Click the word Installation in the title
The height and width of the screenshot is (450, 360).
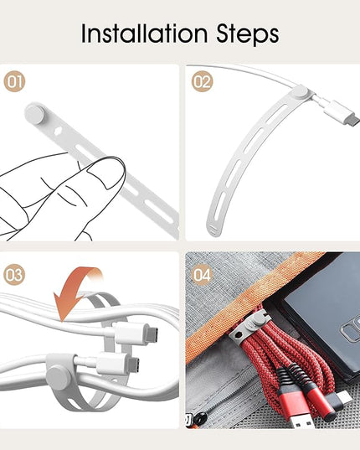pyautogui.click(x=144, y=34)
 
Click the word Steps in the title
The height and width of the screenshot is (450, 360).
pyautogui.click(x=247, y=35)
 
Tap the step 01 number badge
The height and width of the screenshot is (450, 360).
pyautogui.click(x=14, y=81)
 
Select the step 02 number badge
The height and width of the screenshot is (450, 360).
pyautogui.click(x=203, y=81)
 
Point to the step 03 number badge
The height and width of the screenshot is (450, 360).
pyautogui.click(x=14, y=275)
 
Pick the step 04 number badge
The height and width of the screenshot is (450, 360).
pyautogui.click(x=203, y=275)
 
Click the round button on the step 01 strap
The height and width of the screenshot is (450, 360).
pyautogui.click(x=35, y=114)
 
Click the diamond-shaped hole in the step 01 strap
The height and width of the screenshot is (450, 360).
pyautogui.click(x=58, y=131)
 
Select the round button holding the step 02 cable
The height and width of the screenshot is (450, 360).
pyautogui.click(x=300, y=92)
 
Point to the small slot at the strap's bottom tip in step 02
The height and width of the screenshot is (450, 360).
pyautogui.click(x=213, y=229)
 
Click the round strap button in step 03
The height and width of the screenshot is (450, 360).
pyautogui.click(x=58, y=378)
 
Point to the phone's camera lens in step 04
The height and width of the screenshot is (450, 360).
pyautogui.click(x=348, y=333)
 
